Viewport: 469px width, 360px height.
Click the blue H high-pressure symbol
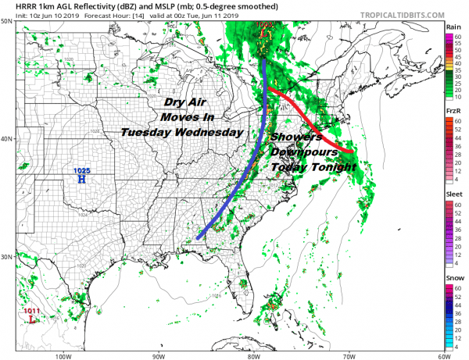click(81, 179)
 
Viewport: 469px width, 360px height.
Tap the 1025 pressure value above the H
click(81, 170)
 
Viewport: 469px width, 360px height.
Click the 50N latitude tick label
click(6, 22)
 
